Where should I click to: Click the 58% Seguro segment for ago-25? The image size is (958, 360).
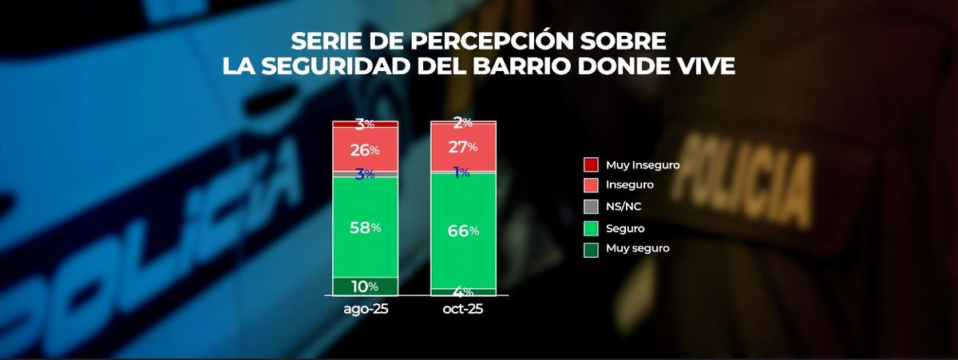(365, 227)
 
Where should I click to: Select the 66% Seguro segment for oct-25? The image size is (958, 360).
(463, 231)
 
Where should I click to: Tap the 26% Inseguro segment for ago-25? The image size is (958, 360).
(365, 148)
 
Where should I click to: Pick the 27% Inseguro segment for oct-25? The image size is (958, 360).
(463, 147)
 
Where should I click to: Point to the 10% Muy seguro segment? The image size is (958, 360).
(365, 287)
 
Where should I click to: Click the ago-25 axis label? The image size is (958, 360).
(365, 308)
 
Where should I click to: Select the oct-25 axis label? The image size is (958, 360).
(463, 308)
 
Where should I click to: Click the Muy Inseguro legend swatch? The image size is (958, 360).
(591, 165)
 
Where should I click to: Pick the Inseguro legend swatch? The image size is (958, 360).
(591, 186)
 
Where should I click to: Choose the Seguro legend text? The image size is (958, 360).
(624, 227)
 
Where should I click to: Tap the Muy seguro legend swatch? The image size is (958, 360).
(591, 248)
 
